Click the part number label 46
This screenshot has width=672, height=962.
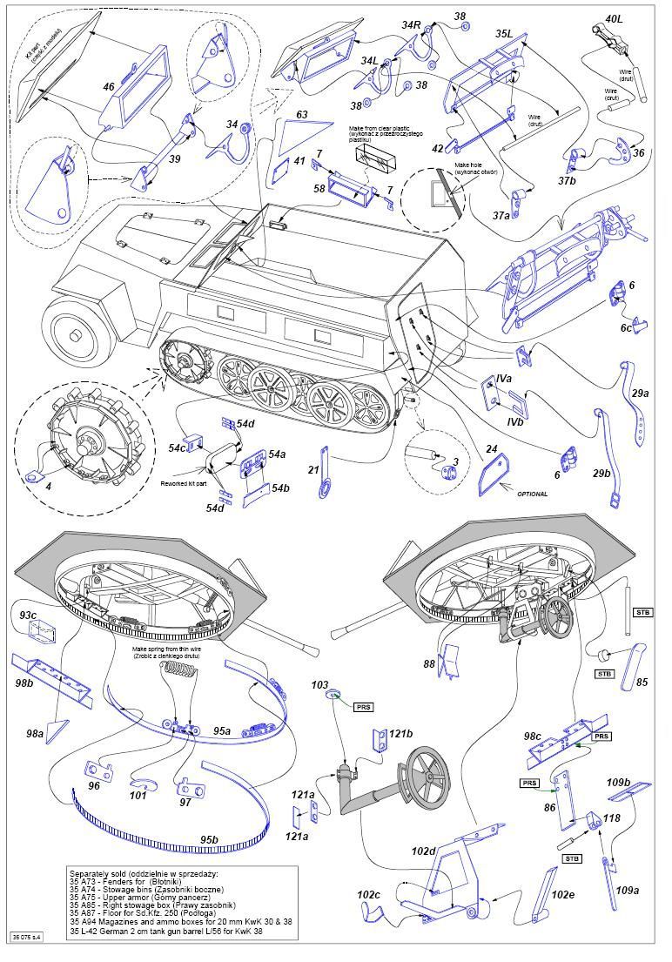(109, 87)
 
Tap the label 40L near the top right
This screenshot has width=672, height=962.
(614, 19)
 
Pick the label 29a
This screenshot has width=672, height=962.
(640, 394)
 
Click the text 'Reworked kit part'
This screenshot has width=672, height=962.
(185, 482)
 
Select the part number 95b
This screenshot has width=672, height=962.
(209, 839)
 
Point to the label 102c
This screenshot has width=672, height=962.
(369, 894)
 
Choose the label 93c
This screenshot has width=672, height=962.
(28, 616)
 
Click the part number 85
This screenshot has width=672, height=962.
(642, 682)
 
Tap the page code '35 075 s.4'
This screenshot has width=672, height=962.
(27, 937)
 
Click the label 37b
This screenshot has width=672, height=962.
(568, 181)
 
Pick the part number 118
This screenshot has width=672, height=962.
(613, 818)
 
